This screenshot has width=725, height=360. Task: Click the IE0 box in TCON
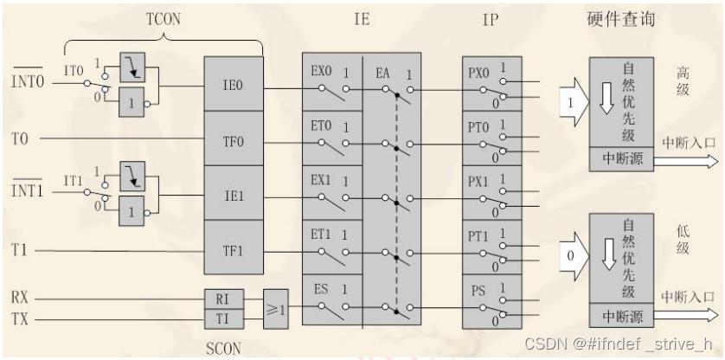[x=234, y=86]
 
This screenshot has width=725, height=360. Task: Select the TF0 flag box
[x=234, y=138]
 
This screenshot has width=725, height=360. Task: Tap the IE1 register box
[x=234, y=195]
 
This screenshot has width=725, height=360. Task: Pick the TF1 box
[x=234, y=250]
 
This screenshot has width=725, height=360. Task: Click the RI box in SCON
[x=221, y=299]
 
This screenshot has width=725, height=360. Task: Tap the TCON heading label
[x=164, y=18]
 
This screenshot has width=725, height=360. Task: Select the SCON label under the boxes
[x=223, y=348]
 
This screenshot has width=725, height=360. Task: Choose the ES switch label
[x=320, y=289]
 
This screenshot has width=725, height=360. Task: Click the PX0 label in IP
[x=478, y=67]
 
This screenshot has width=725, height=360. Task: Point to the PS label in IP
[x=478, y=290]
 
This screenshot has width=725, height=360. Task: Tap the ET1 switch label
[x=322, y=235]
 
